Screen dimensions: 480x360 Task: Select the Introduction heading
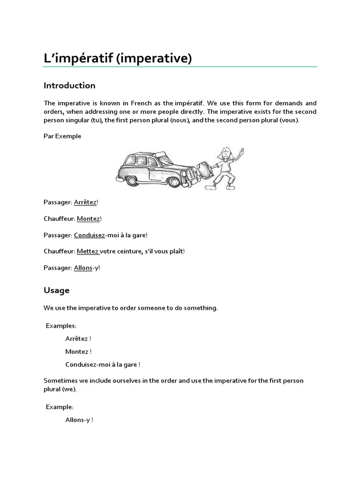point(69,85)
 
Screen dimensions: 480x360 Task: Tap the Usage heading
point(56,290)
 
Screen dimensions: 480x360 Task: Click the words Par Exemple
point(62,136)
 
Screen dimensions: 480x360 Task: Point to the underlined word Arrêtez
point(85,202)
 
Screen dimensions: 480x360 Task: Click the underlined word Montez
point(88,218)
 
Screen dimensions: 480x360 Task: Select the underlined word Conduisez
point(89,235)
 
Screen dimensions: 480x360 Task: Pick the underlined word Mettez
point(88,251)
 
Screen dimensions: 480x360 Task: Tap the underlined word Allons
point(83,268)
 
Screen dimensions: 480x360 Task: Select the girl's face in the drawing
point(225,153)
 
